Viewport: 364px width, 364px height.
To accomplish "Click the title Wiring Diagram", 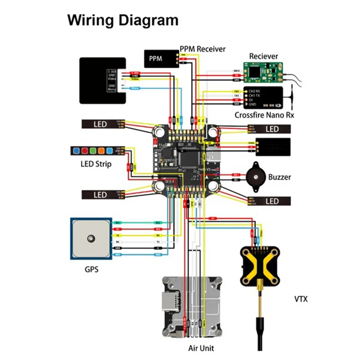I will click(123, 20).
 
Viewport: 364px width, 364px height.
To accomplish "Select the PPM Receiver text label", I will click(202, 49).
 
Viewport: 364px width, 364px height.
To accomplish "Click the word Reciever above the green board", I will click(263, 56).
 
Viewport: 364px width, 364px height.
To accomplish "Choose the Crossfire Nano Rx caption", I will click(264, 115).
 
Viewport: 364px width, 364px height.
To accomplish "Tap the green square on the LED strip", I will click(92, 151).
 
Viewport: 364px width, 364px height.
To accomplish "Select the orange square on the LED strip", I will click(101, 151).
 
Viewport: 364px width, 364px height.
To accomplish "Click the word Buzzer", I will click(279, 177).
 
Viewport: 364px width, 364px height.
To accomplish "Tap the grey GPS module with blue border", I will click(91, 238).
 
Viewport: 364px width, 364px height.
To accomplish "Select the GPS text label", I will click(91, 269).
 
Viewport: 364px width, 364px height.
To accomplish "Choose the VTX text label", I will click(301, 299).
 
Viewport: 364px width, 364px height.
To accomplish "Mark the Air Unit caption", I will click(201, 349).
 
